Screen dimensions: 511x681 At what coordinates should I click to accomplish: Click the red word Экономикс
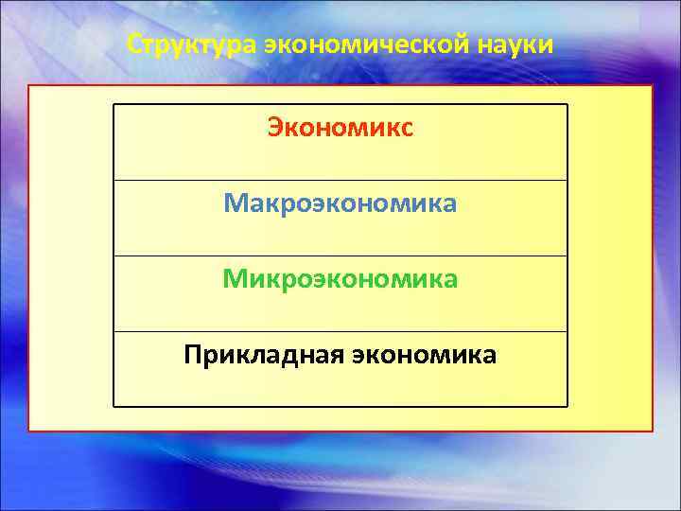point(340,128)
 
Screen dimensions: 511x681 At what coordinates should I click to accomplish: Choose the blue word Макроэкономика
point(340,203)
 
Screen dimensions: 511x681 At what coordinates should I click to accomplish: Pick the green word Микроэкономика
point(340,279)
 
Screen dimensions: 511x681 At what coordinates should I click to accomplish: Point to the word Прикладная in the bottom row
point(264,355)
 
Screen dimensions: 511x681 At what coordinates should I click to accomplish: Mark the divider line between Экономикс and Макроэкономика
point(340,180)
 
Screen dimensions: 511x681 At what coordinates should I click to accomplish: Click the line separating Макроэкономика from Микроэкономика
point(340,255)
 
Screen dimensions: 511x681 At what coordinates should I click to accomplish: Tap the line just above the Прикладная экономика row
point(340,331)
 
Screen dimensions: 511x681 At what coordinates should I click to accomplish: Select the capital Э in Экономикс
point(275,128)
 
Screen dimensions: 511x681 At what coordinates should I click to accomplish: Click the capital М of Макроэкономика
point(234,203)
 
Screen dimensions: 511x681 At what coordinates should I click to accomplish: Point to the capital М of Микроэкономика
point(234,279)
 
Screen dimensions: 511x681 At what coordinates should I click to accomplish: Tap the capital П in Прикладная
point(193,355)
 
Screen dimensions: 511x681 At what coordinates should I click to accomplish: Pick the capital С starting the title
point(133,45)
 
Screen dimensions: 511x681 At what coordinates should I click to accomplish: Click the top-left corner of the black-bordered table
point(113,104)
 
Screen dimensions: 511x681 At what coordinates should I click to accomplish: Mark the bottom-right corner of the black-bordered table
point(567,407)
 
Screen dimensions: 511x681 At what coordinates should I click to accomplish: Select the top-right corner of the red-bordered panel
point(653,86)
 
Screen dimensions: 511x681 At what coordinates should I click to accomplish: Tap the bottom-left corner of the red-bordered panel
point(28,432)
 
